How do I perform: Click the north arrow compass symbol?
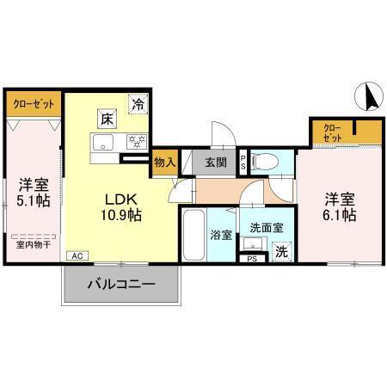pos(371,95)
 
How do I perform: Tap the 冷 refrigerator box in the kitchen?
pos(138,104)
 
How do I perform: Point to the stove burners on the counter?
pos(135,143)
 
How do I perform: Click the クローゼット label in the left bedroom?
pos(34,104)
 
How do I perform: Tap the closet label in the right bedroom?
pos(333,133)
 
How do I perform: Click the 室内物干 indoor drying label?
pos(34,243)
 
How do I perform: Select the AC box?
pos(77,256)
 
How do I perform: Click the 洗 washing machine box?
pos(280,251)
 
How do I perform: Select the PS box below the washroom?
pos(253,258)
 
